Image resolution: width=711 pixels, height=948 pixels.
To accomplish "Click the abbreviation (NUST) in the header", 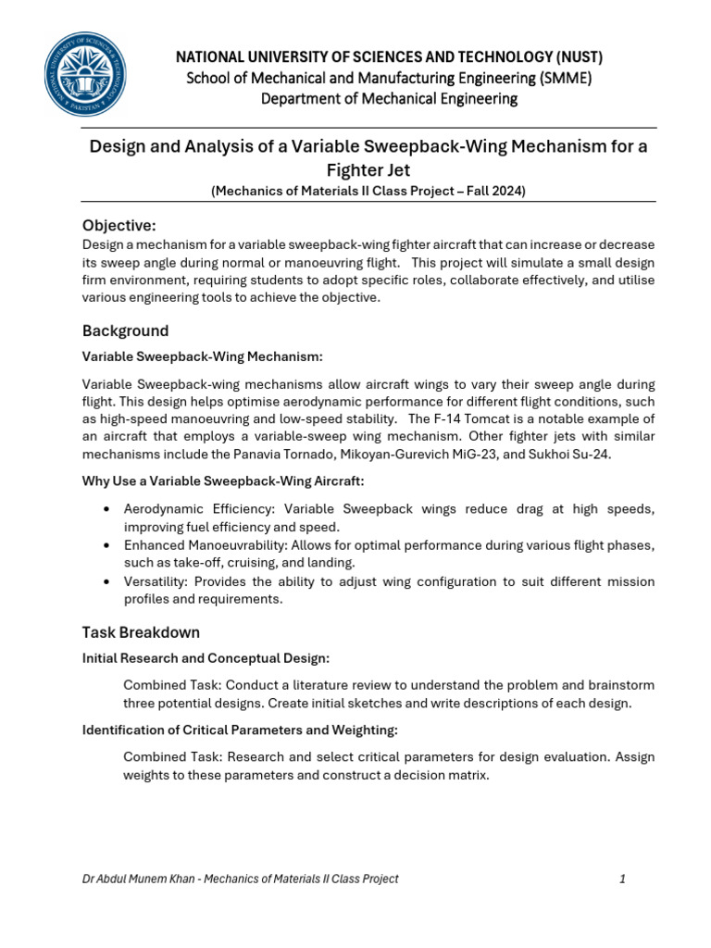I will point(574,57).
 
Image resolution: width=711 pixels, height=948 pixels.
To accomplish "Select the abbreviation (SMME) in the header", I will point(558,78).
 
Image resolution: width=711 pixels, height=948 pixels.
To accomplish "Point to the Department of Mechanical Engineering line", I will point(389,98).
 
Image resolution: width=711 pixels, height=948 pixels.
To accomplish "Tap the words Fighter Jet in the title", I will point(368,170).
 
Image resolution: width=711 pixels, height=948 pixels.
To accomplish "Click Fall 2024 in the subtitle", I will point(496,191).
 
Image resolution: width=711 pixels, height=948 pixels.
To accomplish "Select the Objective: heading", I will point(119,226).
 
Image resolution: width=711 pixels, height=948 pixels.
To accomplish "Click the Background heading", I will point(126,331).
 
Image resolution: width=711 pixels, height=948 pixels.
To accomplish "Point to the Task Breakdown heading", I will point(141,632).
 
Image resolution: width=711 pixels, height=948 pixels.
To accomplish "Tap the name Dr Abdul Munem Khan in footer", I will point(135,879).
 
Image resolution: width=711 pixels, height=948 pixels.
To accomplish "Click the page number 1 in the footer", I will point(623,879).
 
